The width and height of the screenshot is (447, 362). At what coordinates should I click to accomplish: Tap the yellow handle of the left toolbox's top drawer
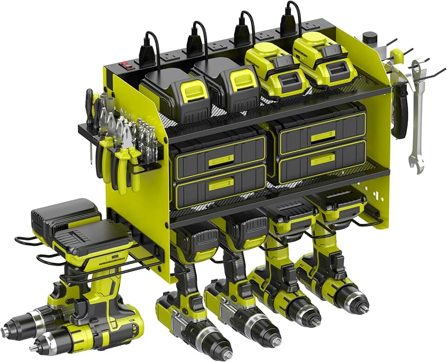pyautogui.click(x=221, y=161)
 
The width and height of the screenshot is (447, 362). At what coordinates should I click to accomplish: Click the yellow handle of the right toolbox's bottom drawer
pyautogui.click(x=323, y=158)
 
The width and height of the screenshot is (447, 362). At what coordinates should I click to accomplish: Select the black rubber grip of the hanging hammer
pyautogui.click(x=399, y=112)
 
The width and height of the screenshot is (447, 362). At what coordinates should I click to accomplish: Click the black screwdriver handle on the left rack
pyautogui.click(x=89, y=107)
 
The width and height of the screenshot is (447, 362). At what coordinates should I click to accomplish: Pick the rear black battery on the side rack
pyautogui.click(x=65, y=214)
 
